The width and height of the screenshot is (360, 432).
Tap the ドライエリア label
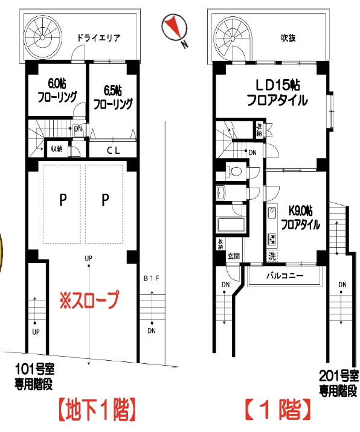coord(98,37)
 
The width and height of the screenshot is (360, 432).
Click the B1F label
coord(150,279)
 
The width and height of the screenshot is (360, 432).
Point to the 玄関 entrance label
coord(234,256)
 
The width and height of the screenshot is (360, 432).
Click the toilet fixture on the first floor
coord(234,171)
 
